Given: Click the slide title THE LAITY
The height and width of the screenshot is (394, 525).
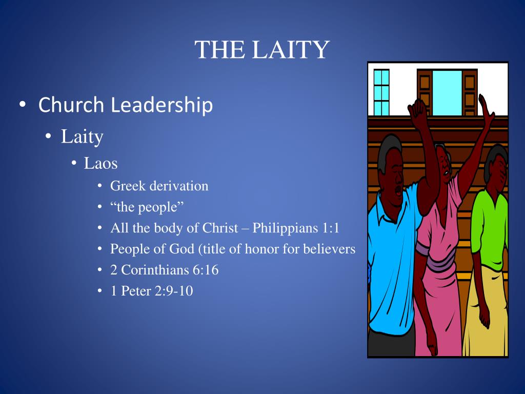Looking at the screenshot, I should (261, 50).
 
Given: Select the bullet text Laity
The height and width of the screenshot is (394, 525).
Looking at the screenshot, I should (82, 136).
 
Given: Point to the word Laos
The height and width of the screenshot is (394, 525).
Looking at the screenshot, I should (100, 164).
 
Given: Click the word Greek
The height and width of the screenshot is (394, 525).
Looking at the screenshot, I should (128, 186).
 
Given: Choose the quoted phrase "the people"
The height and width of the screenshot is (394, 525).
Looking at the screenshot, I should (147, 207).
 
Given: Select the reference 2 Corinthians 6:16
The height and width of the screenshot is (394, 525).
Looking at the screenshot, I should (164, 270).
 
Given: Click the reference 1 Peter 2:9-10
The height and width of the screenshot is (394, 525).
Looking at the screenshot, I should (151, 291).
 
